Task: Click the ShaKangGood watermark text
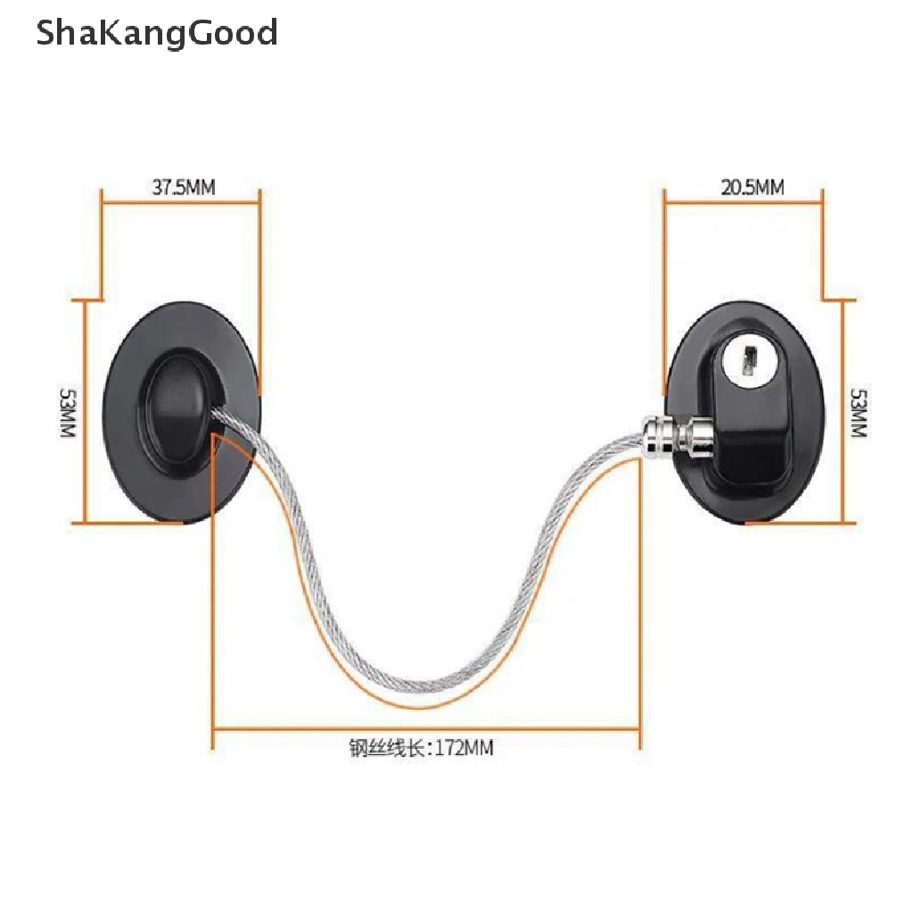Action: pos(157,34)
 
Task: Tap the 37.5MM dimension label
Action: pos(184,187)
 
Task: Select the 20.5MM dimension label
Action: pos(752,187)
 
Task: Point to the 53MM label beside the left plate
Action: pos(68,411)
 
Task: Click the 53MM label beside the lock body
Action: pos(858,412)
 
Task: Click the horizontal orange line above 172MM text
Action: pos(426,728)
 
